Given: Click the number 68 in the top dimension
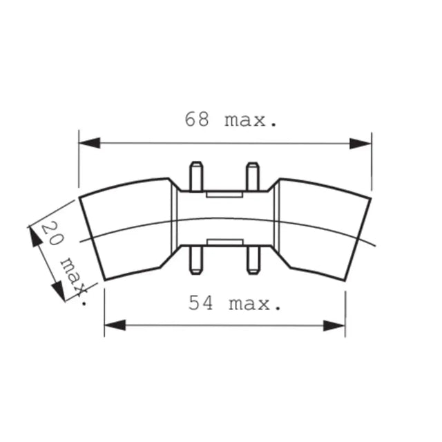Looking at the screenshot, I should click(198, 119).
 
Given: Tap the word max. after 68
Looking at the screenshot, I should click(251, 120).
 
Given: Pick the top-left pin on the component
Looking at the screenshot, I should click(195, 175).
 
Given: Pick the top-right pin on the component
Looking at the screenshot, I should click(253, 175).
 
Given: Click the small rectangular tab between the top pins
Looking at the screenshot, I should click(224, 194).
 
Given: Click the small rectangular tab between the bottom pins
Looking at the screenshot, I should click(224, 242).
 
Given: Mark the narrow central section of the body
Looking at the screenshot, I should click(224, 218).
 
